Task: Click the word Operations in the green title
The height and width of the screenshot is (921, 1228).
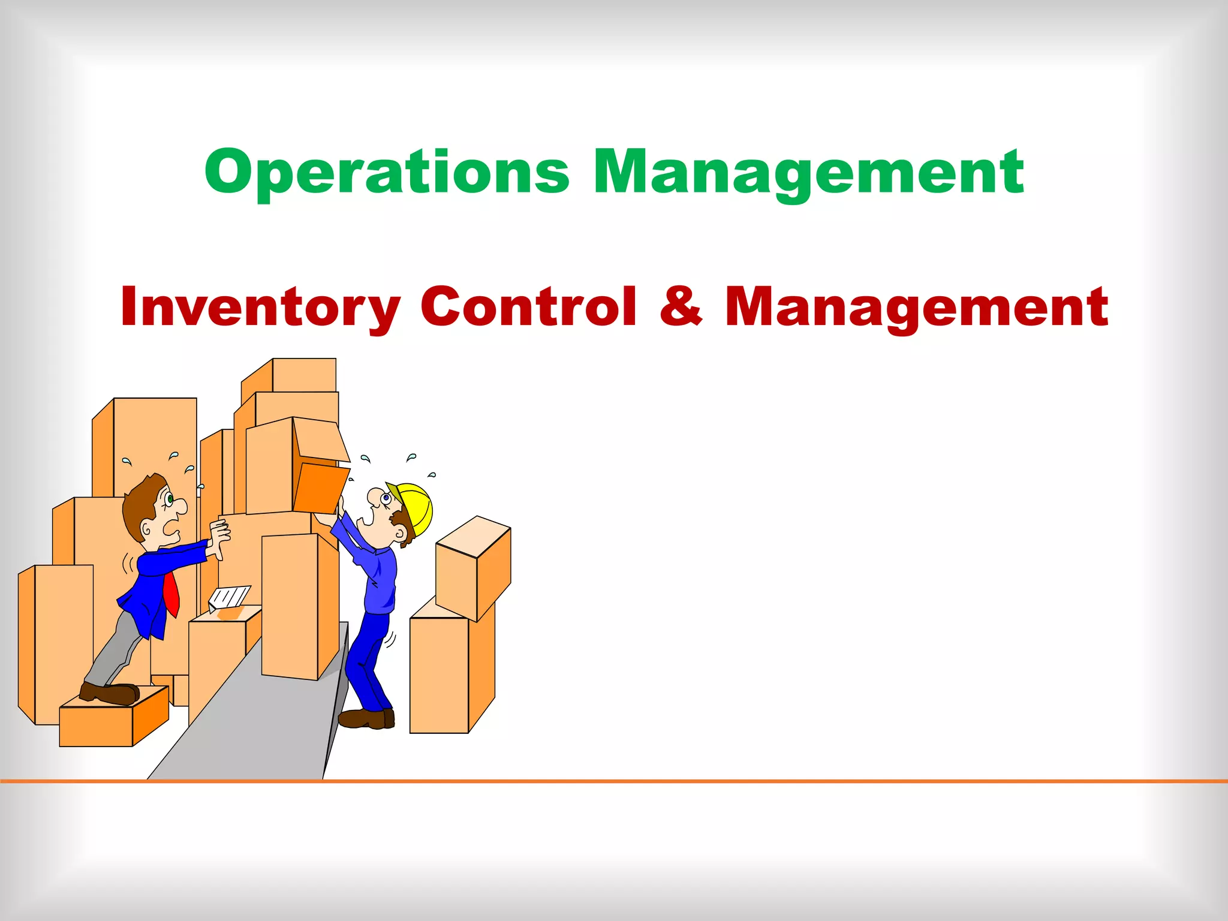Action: point(387,173)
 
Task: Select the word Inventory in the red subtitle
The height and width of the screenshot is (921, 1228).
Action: point(260,307)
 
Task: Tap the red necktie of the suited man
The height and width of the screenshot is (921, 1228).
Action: point(171,594)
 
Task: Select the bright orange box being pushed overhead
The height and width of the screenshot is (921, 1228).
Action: point(321,487)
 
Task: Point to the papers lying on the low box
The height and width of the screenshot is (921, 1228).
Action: point(228,597)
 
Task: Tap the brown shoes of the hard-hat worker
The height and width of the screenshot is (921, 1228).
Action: point(366,718)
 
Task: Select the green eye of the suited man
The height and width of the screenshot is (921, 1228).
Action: point(170,498)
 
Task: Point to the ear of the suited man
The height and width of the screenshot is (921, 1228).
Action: point(146,529)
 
